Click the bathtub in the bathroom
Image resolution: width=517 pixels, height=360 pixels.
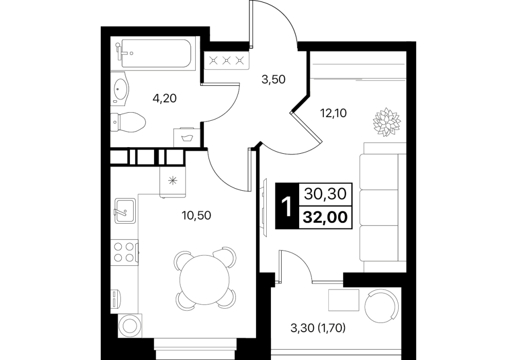pos(156,53)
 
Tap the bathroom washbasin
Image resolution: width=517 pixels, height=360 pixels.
pos(119,88)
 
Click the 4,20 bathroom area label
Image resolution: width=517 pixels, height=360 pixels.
pos(164,98)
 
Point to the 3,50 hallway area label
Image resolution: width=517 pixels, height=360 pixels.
pos(273,80)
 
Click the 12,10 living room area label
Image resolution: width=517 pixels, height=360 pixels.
pos(334,113)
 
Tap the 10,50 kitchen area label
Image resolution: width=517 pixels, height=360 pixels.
pos(196,215)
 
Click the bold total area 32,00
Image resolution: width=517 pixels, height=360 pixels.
pos(326,218)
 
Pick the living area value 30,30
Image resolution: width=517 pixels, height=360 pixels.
pos(325,194)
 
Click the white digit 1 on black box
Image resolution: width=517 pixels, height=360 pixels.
pos(287,206)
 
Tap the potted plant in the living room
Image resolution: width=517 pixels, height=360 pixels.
pos(387,121)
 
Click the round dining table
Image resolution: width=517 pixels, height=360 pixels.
pos(205,280)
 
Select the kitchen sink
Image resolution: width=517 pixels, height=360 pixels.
pos(125,210)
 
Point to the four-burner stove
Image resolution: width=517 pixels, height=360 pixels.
pos(125,252)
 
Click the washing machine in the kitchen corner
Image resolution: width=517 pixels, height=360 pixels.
pos(131,326)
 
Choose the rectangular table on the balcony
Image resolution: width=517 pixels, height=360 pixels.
pos(344,300)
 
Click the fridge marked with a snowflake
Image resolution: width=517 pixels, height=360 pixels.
pos(173,181)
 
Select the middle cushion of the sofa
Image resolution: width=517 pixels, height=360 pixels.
pos(379,208)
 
